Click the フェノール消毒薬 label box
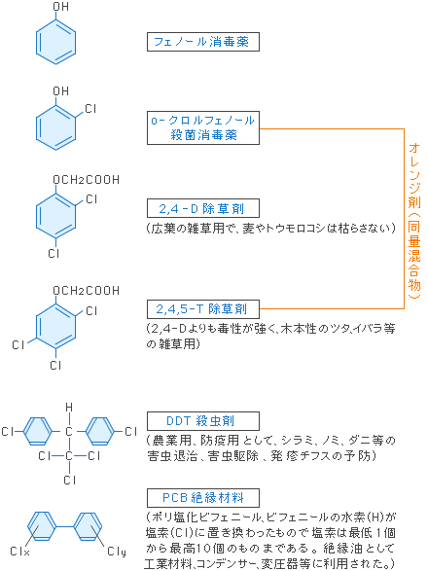pyautogui.click(x=203, y=42)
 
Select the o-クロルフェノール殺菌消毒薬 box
pyautogui.click(x=203, y=127)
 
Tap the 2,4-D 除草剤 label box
pyautogui.click(x=203, y=208)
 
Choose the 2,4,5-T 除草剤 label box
pyautogui.click(x=203, y=309)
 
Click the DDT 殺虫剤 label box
pyautogui.click(x=203, y=421)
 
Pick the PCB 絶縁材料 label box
pyautogui.click(x=203, y=498)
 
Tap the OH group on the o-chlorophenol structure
pyautogui.click(x=61, y=90)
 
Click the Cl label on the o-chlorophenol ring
pyautogui.click(x=90, y=109)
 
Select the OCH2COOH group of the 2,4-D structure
pyautogui.click(x=87, y=180)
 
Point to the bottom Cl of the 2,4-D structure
pyautogui.click(x=53, y=253)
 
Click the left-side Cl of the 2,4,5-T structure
pyautogui.click(x=18, y=344)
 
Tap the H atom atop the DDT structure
pyautogui.click(x=69, y=408)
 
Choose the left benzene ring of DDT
pyautogui.click(x=38, y=431)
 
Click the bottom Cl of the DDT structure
pyautogui.click(x=70, y=480)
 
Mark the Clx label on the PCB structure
pyautogui.click(x=20, y=551)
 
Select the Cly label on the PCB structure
pyautogui.click(x=117, y=552)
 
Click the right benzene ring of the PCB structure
pyautogui.click(x=88, y=526)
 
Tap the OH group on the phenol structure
pyautogui.click(x=61, y=7)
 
